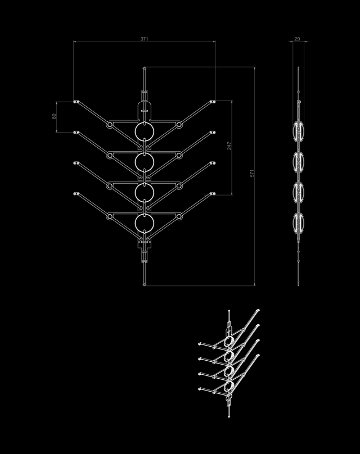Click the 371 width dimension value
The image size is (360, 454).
(145, 39)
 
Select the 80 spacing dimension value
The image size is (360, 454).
(54, 117)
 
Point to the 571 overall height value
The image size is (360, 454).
(253, 174)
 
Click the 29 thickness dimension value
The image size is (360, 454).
(297, 39)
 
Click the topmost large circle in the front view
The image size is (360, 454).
(145, 131)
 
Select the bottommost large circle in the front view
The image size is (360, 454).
(145, 223)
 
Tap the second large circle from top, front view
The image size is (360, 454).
(145, 162)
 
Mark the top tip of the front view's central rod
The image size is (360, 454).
(145, 69)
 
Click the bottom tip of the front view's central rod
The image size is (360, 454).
(145, 284)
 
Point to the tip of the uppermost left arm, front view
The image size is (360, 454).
(76, 102)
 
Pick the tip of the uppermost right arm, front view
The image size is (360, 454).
(213, 102)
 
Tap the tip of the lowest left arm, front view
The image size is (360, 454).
(76, 194)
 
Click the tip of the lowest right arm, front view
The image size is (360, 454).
(213, 194)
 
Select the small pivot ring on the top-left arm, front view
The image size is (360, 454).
(110, 124)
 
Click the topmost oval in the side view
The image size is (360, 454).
(298, 131)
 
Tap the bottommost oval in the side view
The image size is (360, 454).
(298, 223)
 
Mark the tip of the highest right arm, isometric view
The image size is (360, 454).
(258, 310)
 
